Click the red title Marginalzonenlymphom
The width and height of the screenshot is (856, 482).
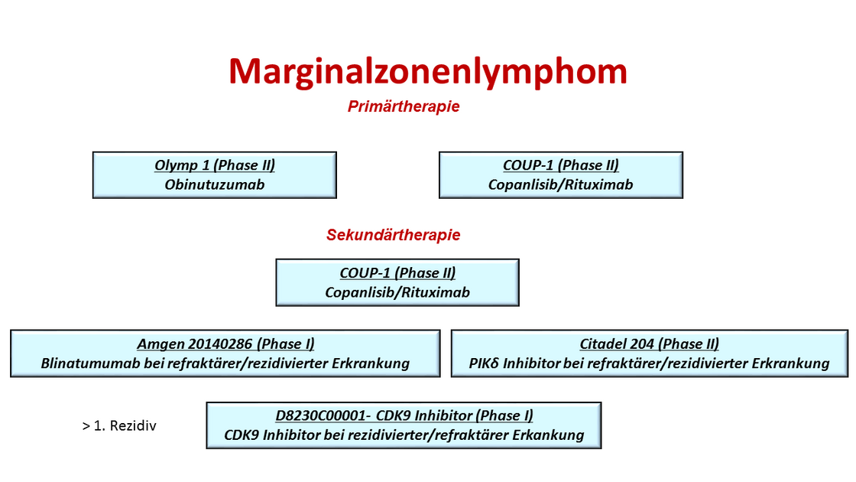pyautogui.click(x=428, y=72)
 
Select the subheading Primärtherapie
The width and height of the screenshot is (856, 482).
pyautogui.click(x=404, y=106)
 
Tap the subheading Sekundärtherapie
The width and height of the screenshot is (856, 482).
pyautogui.click(x=393, y=235)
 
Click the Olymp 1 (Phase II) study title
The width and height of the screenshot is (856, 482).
pyautogui.click(x=215, y=165)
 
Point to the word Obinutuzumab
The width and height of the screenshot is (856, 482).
pyautogui.click(x=215, y=184)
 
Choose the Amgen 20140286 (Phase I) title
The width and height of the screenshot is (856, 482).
pyautogui.click(x=225, y=344)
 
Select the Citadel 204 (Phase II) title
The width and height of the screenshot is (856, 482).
pyautogui.click(x=649, y=344)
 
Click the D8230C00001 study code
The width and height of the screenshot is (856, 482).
pyautogui.click(x=320, y=415)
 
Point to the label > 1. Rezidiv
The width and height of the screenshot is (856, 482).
pyautogui.click(x=119, y=425)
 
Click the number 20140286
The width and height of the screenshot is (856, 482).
pyautogui.click(x=220, y=344)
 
